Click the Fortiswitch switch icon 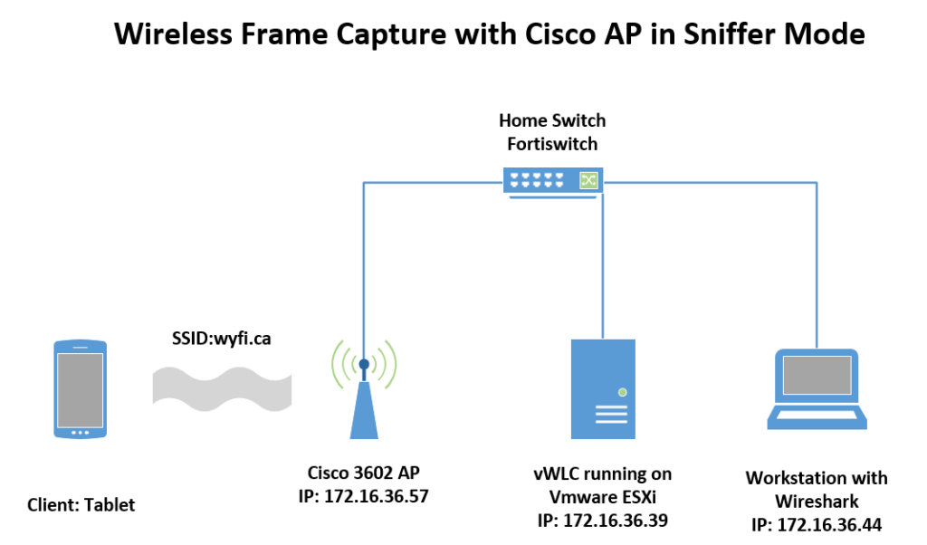pyautogui.click(x=554, y=180)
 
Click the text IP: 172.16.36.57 pyautogui.click(x=363, y=495)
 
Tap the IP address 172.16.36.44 pyautogui.click(x=817, y=524)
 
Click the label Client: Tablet pyautogui.click(x=81, y=504)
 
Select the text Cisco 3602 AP pyautogui.click(x=363, y=473)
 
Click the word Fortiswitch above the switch pyautogui.click(x=552, y=143)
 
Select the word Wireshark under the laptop pyautogui.click(x=817, y=501)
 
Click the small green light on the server pyautogui.click(x=621, y=392)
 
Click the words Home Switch pyautogui.click(x=552, y=120)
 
